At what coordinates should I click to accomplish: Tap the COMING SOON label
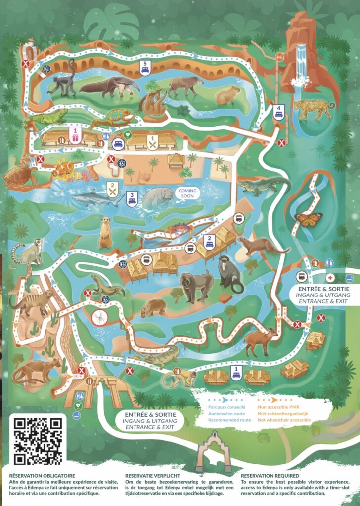click(x=187, y=193)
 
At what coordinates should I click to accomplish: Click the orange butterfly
click(x=308, y=219)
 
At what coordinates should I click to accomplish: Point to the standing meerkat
click(x=104, y=234)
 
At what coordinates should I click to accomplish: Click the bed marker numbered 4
click(x=278, y=112)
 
